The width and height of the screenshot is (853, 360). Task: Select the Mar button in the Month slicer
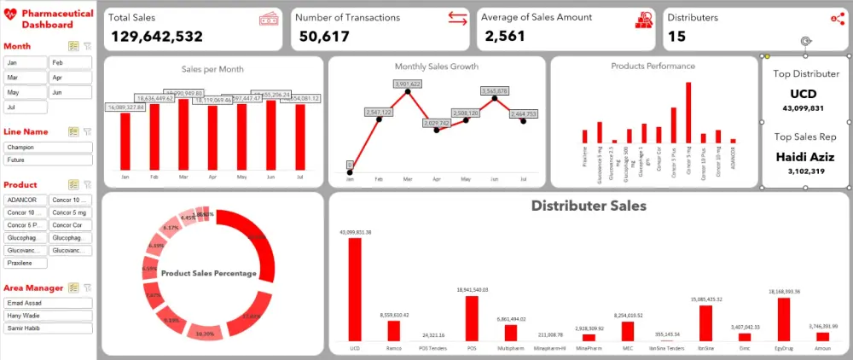click(x=24, y=77)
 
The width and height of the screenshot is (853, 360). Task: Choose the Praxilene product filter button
click(x=24, y=264)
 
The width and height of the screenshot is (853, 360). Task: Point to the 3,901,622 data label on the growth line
click(x=408, y=84)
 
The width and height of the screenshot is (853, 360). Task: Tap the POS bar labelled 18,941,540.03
click(x=472, y=318)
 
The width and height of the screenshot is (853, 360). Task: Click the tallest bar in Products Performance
click(x=688, y=113)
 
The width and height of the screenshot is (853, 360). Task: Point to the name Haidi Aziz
click(x=805, y=157)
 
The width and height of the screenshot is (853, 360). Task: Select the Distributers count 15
click(x=676, y=36)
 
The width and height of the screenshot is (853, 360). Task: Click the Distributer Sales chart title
click(x=588, y=206)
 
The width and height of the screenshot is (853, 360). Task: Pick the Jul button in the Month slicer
click(x=24, y=107)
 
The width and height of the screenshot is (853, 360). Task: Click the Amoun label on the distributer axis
click(x=822, y=348)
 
